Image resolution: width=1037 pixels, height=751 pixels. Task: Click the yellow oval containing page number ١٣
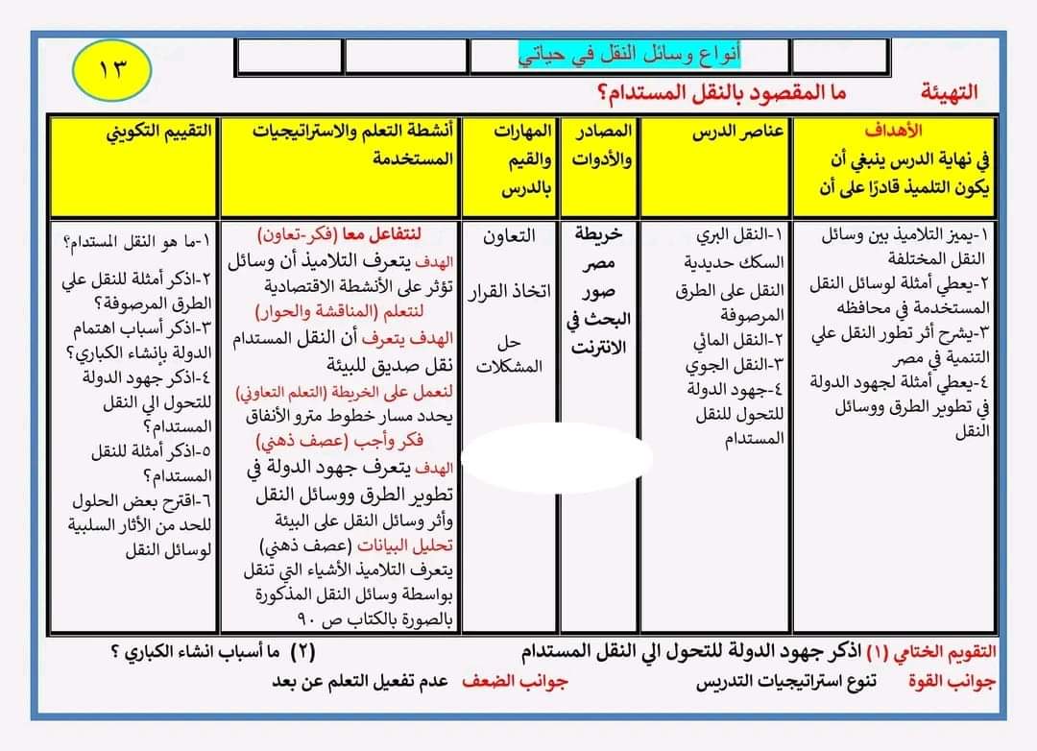111,68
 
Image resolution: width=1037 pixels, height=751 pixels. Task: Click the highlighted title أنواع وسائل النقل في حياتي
630,55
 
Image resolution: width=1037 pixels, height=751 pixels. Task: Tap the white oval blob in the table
557,456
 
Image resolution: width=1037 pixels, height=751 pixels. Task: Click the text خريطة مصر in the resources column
599,249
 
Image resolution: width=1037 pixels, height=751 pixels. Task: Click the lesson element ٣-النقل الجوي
736,365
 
